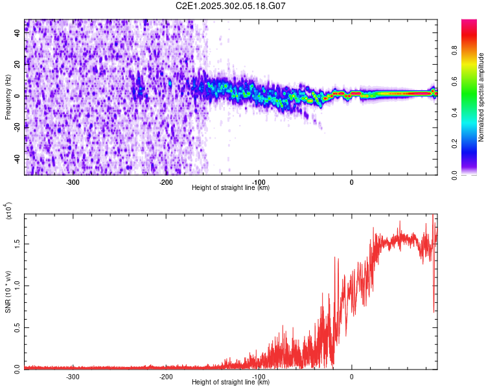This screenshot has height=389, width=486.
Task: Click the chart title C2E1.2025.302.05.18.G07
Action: coord(231,6)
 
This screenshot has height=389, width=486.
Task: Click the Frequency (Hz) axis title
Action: coord(7,97)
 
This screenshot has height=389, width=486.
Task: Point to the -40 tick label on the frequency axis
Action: coord(16,159)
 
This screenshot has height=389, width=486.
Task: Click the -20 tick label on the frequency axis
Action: coord(16,127)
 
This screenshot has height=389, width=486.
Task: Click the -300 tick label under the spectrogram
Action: coord(73,182)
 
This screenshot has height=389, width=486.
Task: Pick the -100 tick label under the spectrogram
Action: coord(259,182)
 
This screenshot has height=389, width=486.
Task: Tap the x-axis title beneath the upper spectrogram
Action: coord(231,188)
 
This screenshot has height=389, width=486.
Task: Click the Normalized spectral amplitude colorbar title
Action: coord(481,97)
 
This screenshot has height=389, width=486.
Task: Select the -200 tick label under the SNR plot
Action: coord(165,376)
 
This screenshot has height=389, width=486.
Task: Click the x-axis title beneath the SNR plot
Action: coord(231,383)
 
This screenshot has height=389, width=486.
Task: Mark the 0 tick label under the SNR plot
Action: coord(352,376)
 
